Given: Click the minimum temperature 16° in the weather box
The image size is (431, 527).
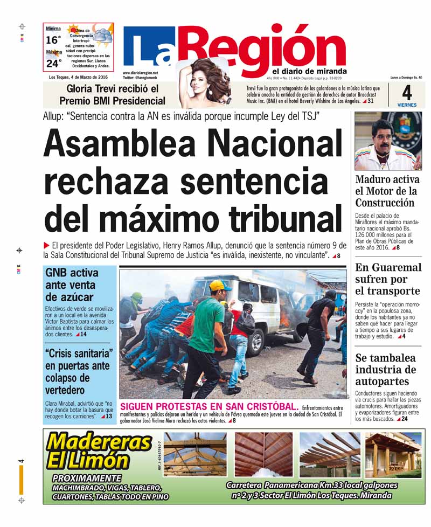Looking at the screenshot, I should click(53, 40).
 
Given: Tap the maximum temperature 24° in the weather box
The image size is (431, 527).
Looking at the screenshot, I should click(53, 64).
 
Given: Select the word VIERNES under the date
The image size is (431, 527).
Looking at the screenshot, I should click(407, 105).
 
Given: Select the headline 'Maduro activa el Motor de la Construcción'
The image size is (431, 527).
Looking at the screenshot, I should click(387, 191).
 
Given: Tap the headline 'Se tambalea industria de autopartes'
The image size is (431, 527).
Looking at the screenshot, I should click(386, 370).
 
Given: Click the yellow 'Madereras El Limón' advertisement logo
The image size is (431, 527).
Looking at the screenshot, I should click(99, 452).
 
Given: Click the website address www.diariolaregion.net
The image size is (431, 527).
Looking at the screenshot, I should click(140, 73).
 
